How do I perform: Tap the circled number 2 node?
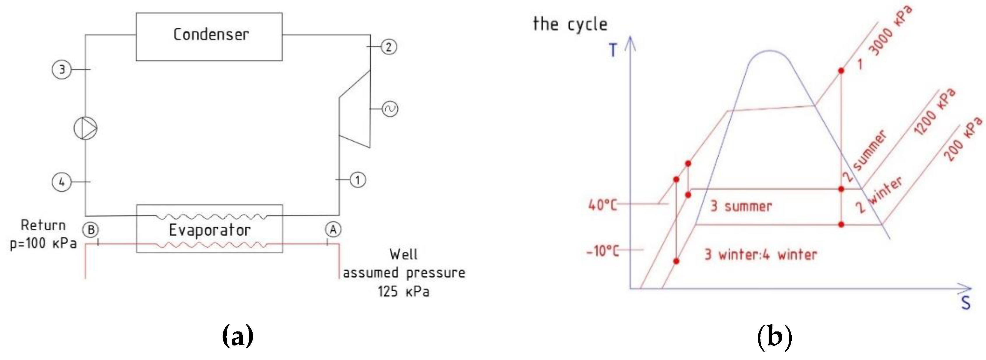pos(388,47)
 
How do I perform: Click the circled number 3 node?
pos(62,70)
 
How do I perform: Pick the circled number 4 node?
pos(62,182)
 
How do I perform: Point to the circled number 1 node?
pos(358,180)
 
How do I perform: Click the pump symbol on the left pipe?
pos(85,128)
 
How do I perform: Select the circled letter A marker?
pos(333,230)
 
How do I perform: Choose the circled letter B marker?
pos(91,230)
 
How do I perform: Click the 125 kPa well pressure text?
pos(404,292)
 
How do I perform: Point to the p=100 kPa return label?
pos(43,243)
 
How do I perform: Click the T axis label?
pos(613,50)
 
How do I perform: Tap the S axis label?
pos(966,303)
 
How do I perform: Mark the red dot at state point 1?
pos(841,71)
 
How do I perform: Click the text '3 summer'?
pos(741,207)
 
